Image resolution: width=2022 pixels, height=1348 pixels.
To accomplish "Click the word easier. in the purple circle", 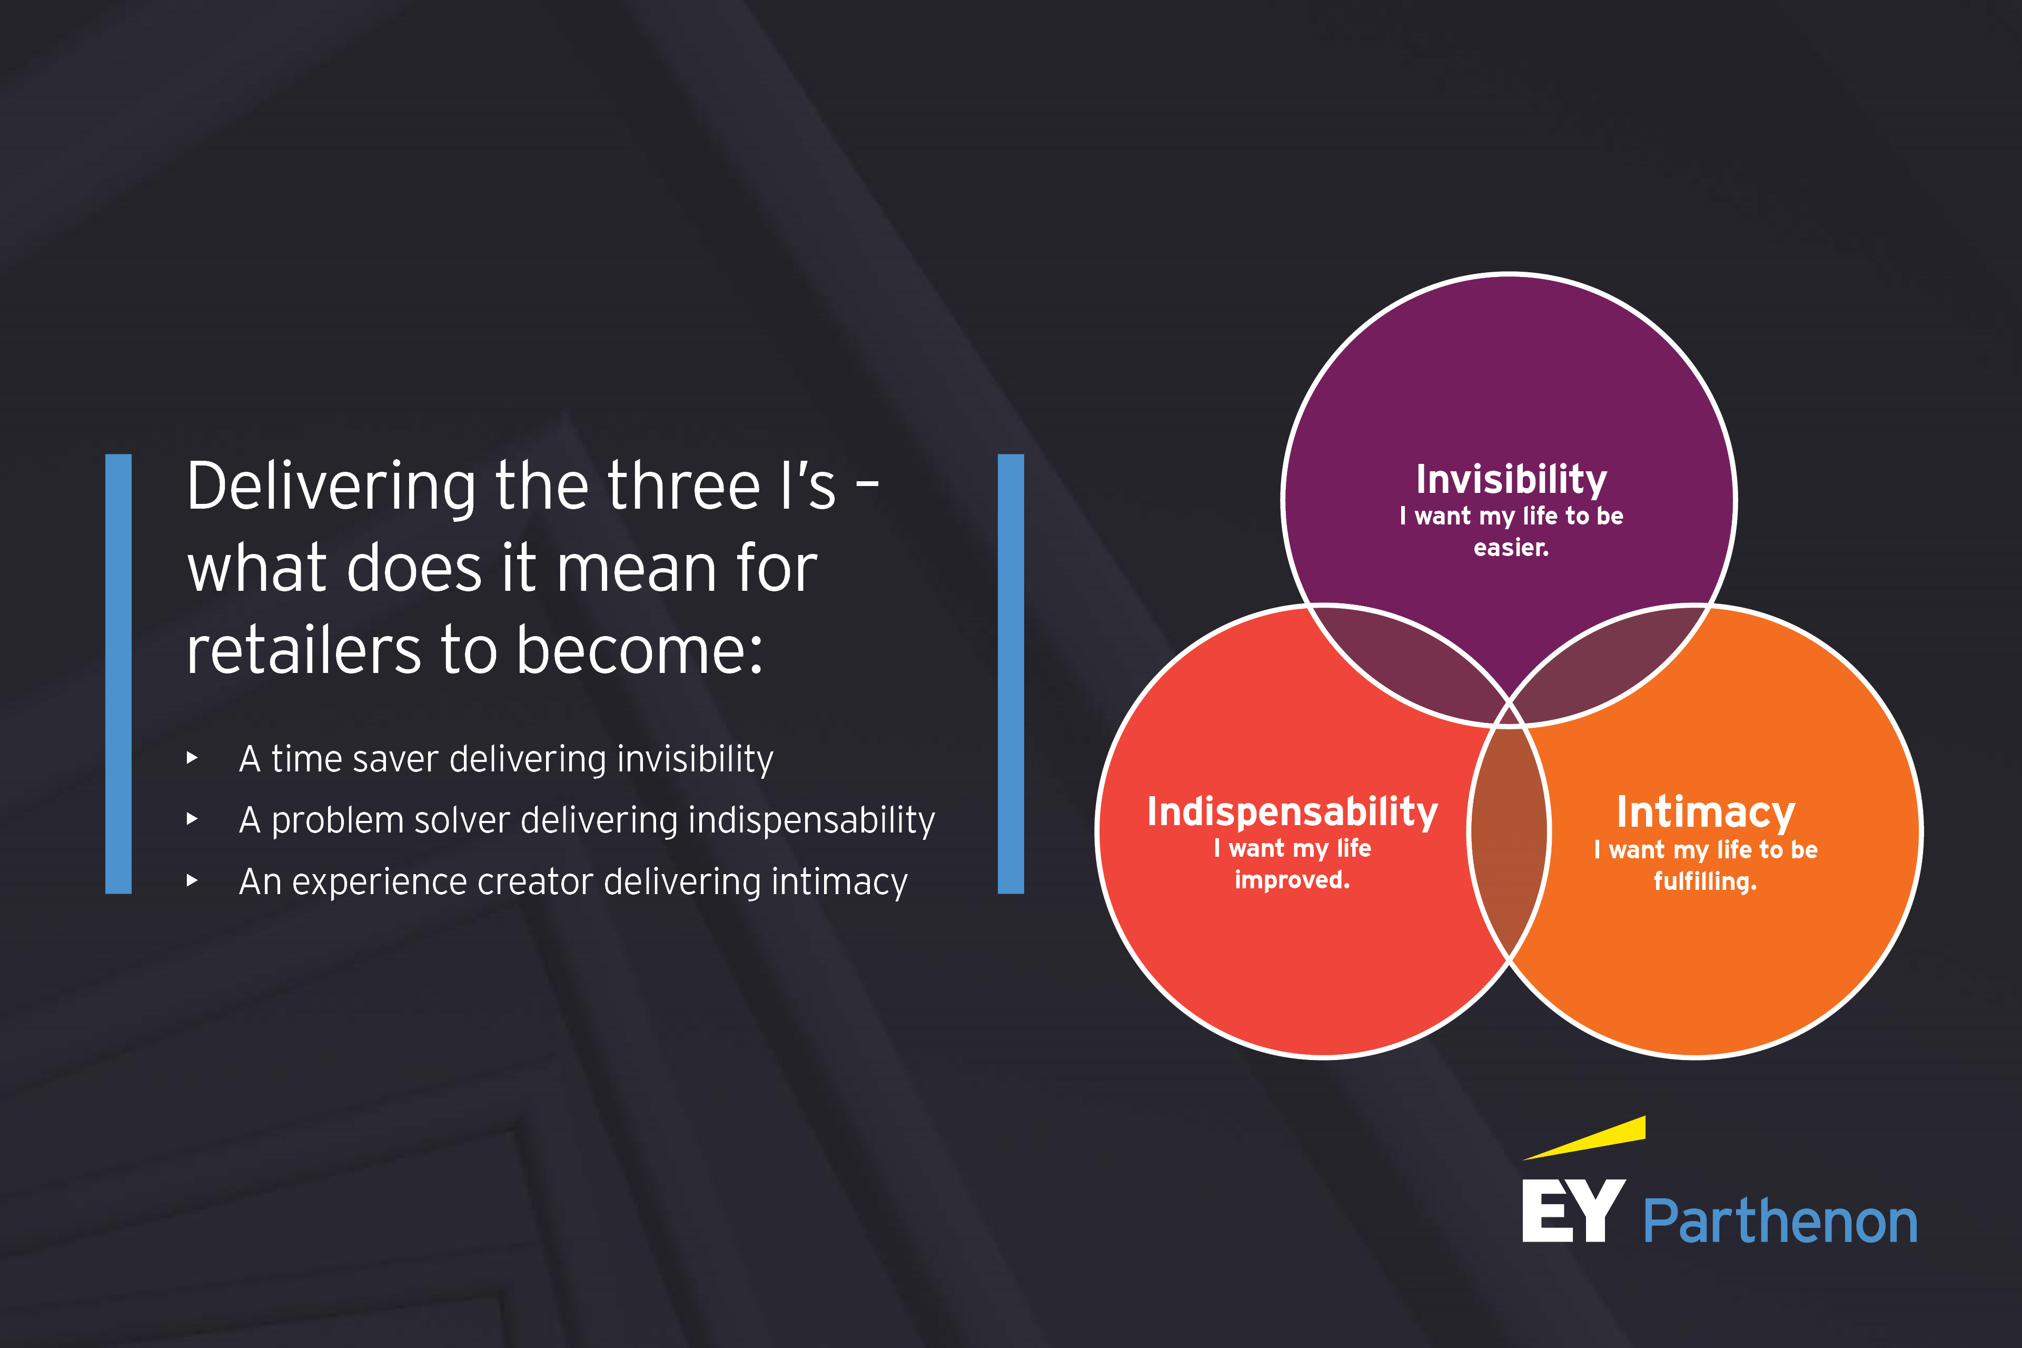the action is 1511,548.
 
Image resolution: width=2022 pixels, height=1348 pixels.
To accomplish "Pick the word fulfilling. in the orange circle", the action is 1706,881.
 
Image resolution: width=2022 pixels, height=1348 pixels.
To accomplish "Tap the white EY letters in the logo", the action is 1573,1211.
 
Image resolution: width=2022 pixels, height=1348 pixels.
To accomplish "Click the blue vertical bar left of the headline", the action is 118,674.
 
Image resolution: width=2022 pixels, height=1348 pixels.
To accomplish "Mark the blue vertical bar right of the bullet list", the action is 1011,674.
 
